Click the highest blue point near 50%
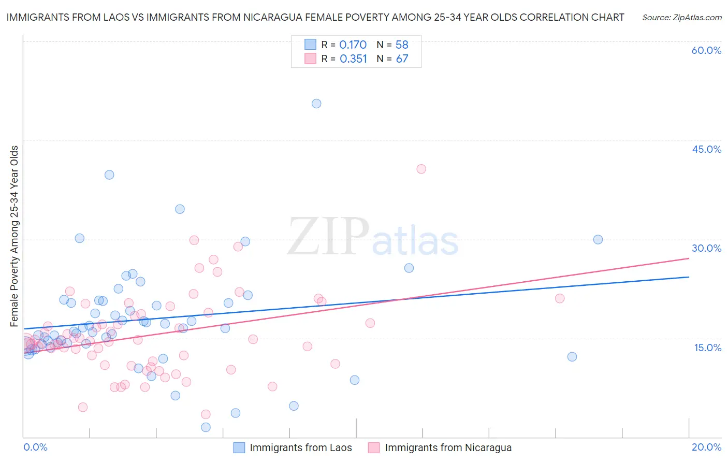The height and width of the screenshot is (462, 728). [x=316, y=104]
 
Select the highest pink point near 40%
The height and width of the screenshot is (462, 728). [x=421, y=169]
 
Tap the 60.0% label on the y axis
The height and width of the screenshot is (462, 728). [x=706, y=50]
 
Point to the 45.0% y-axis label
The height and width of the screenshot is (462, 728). [x=706, y=149]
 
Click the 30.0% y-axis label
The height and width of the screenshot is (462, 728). [x=706, y=248]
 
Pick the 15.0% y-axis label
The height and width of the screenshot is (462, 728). [x=707, y=348]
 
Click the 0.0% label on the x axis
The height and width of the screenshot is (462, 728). [x=35, y=447]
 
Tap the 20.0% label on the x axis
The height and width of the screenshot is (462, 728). [x=706, y=447]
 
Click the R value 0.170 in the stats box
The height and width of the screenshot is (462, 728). [x=353, y=45]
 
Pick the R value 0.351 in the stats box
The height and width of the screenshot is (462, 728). [x=353, y=59]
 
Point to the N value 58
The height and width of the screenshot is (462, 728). [x=402, y=45]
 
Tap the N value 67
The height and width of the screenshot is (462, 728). [x=402, y=59]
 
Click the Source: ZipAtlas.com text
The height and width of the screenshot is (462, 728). [x=681, y=17]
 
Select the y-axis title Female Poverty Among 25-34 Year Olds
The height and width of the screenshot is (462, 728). [x=14, y=236]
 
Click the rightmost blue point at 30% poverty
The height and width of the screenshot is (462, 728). [x=598, y=239]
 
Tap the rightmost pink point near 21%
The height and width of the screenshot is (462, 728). [x=559, y=298]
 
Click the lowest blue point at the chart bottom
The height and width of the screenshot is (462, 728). [x=206, y=427]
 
